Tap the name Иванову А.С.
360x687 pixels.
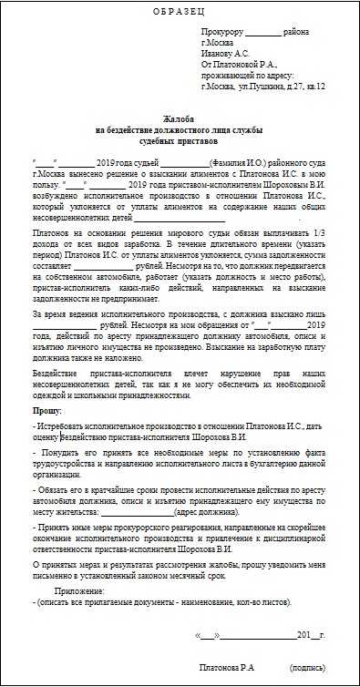point(226,53)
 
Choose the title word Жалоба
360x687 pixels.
point(180,120)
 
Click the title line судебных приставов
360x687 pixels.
point(180,143)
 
